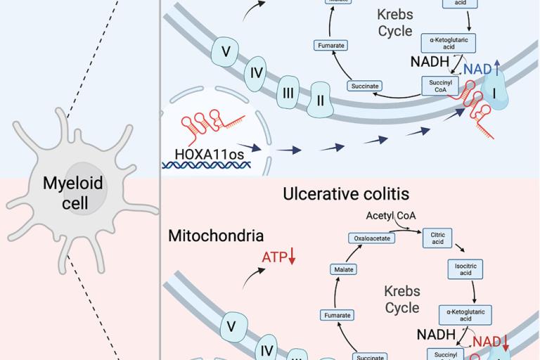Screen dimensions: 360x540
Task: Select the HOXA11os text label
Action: (205, 151)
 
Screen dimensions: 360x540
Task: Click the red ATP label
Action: (274, 258)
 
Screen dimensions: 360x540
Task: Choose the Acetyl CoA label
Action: (390, 214)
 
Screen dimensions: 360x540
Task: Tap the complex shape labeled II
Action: (321, 101)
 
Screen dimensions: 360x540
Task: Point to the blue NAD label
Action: (477, 68)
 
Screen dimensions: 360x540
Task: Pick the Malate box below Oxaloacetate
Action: (345, 269)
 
